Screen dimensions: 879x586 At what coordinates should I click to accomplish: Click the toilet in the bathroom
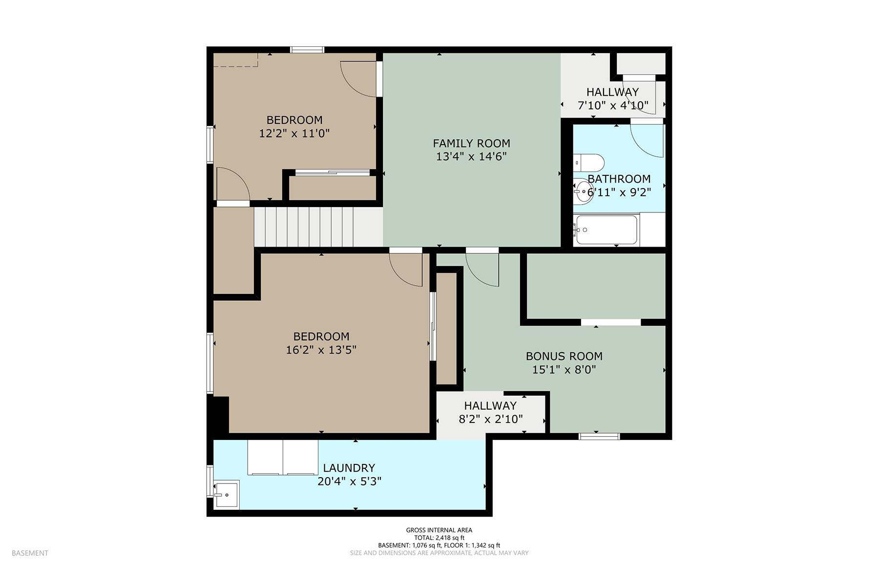pos(589,162)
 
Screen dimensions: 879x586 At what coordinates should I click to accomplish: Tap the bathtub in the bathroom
pos(606,230)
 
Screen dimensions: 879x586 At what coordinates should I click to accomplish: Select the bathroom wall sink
pos(582,191)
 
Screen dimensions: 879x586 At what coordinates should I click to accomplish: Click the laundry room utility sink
pos(227,494)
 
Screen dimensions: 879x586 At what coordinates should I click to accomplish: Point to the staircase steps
pos(304,228)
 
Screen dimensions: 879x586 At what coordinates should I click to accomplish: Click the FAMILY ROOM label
pos(471,143)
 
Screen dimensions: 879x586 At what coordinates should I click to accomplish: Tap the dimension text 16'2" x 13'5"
pos(321,350)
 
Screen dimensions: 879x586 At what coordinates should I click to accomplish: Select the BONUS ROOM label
pos(564,356)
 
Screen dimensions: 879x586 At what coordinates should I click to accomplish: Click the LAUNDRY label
pos(349,468)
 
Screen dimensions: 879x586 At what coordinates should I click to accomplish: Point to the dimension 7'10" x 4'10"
pos(613,105)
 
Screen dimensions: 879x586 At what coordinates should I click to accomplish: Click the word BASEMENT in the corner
pos(30,553)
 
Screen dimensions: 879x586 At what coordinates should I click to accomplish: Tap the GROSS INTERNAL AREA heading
pos(439,530)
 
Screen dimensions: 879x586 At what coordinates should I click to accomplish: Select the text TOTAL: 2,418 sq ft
pos(439,538)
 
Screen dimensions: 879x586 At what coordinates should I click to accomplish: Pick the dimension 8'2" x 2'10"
pos(491,419)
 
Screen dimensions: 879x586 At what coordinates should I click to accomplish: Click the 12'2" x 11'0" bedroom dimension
pos(294,133)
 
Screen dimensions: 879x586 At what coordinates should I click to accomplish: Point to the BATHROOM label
pos(619,179)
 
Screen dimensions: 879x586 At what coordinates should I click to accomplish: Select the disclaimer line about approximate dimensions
pos(439,553)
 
